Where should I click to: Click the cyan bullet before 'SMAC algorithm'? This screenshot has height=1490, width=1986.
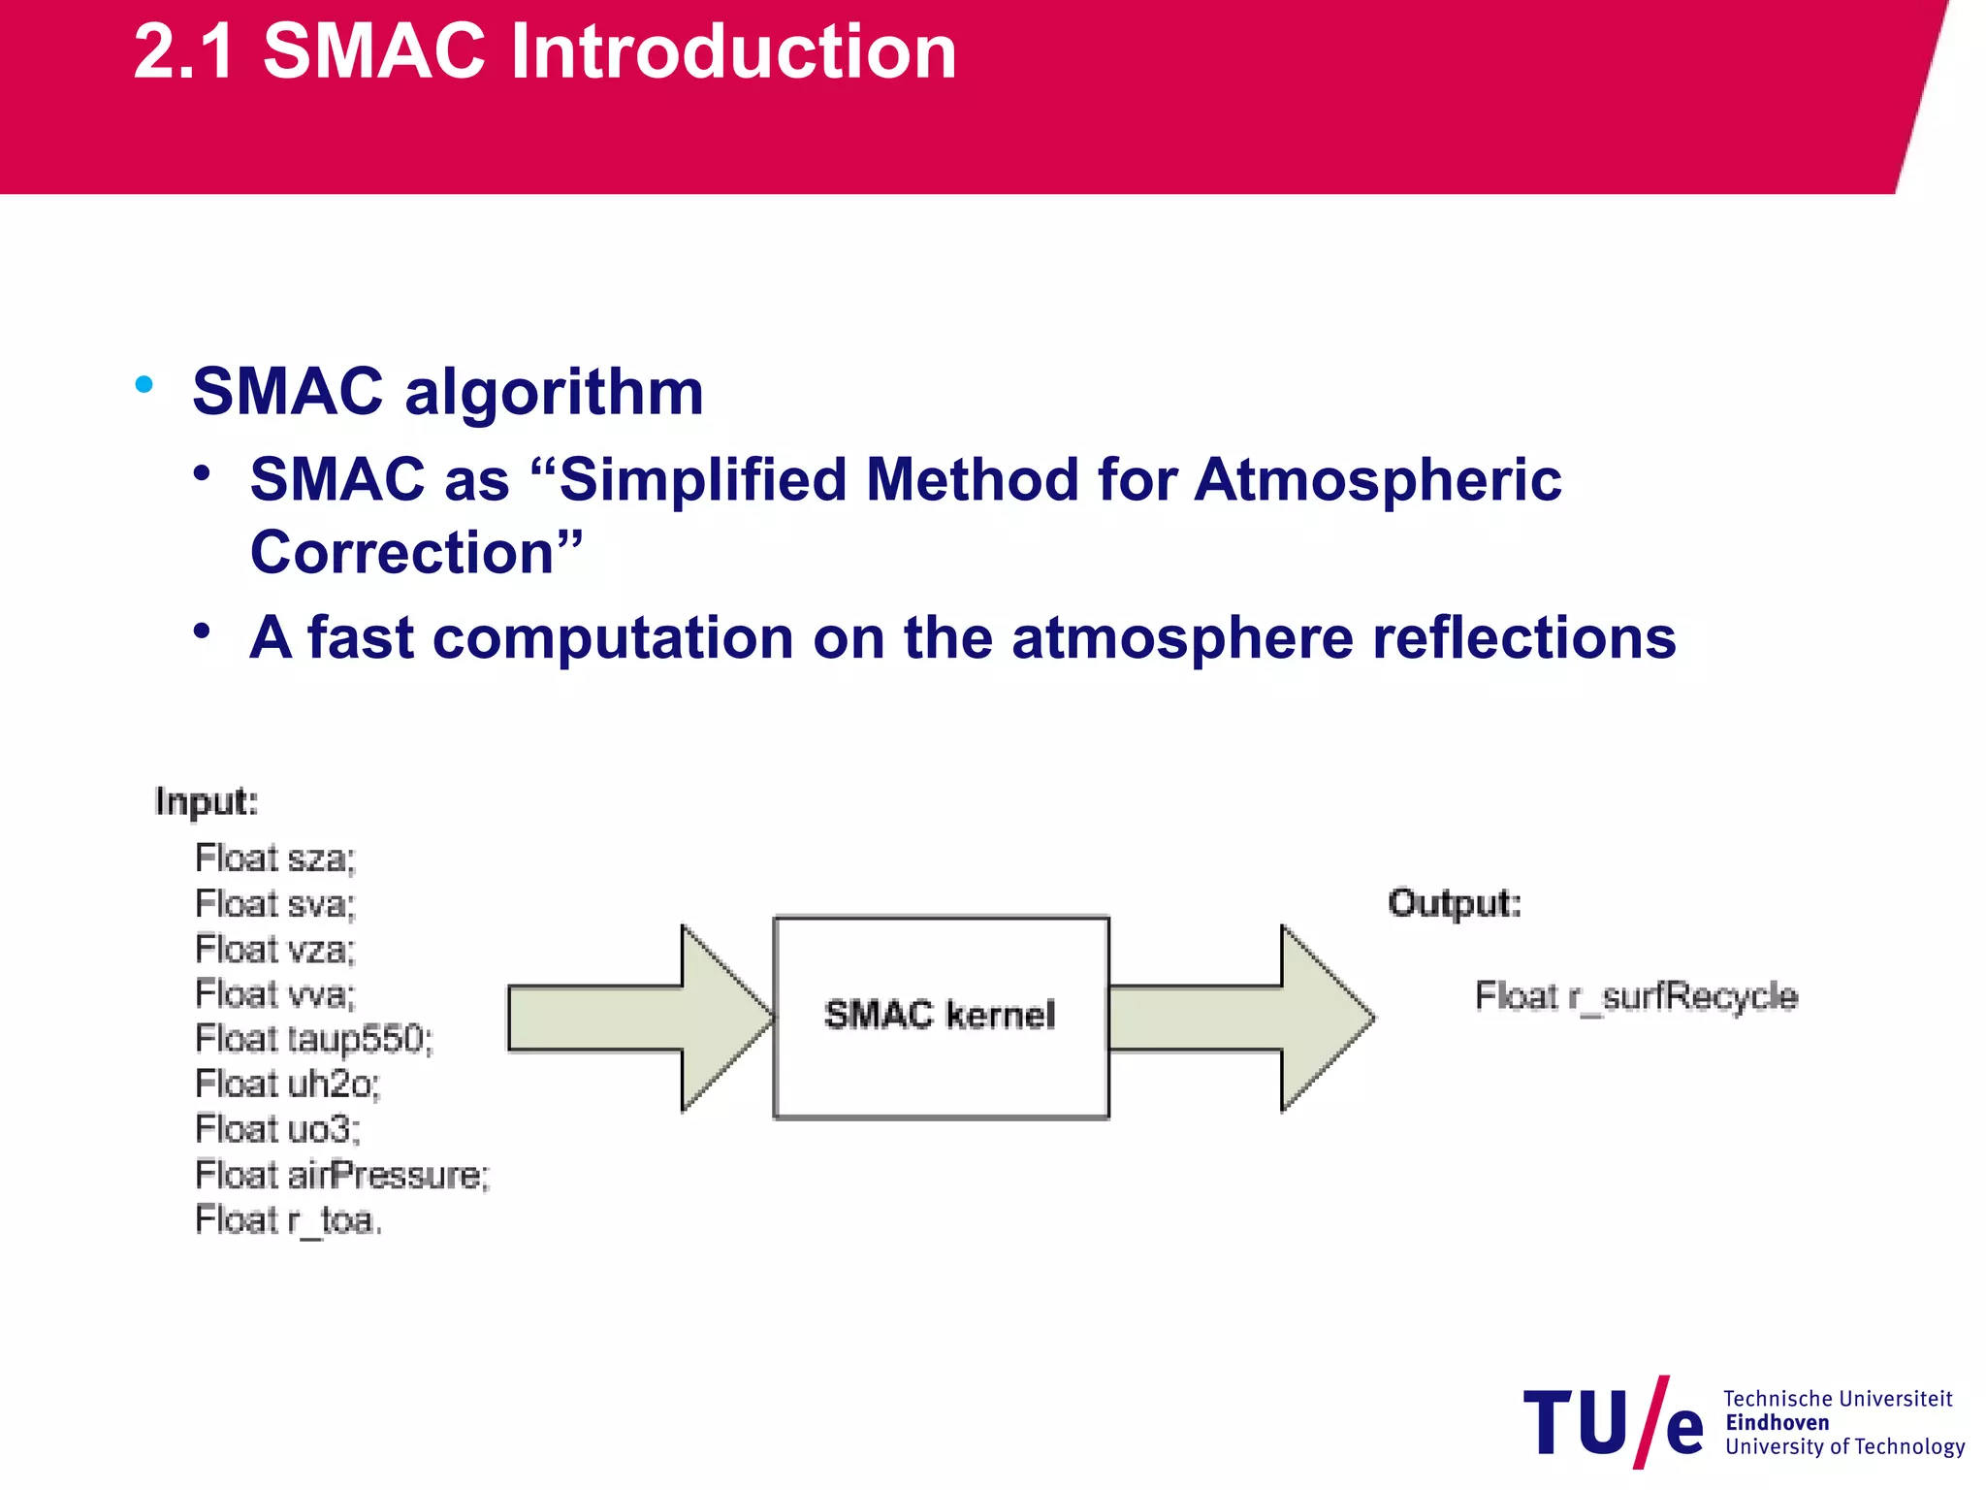tap(144, 384)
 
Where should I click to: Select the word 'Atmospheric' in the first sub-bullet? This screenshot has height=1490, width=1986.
tap(1377, 479)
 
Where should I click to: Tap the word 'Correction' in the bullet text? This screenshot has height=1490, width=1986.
tap(401, 553)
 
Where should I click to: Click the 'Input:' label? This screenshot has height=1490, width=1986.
tap(207, 802)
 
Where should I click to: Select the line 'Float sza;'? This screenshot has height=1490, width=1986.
tap(275, 858)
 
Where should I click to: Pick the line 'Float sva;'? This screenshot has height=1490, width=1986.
tap(275, 904)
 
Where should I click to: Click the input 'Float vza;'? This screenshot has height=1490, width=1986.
tap(275, 949)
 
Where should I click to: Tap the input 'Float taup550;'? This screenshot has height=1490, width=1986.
tap(314, 1039)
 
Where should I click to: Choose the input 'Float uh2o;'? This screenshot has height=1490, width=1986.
tap(288, 1084)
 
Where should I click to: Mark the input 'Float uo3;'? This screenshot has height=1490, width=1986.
tap(278, 1129)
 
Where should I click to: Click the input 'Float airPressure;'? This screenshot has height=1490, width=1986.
tap(342, 1175)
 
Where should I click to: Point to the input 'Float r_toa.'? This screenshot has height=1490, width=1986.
tap(289, 1220)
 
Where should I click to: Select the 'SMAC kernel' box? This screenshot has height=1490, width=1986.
tap(940, 1017)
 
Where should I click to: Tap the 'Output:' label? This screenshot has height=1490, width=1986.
tap(1455, 903)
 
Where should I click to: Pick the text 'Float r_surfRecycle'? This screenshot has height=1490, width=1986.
tap(1636, 996)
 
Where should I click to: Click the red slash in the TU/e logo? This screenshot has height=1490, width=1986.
tap(1650, 1422)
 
